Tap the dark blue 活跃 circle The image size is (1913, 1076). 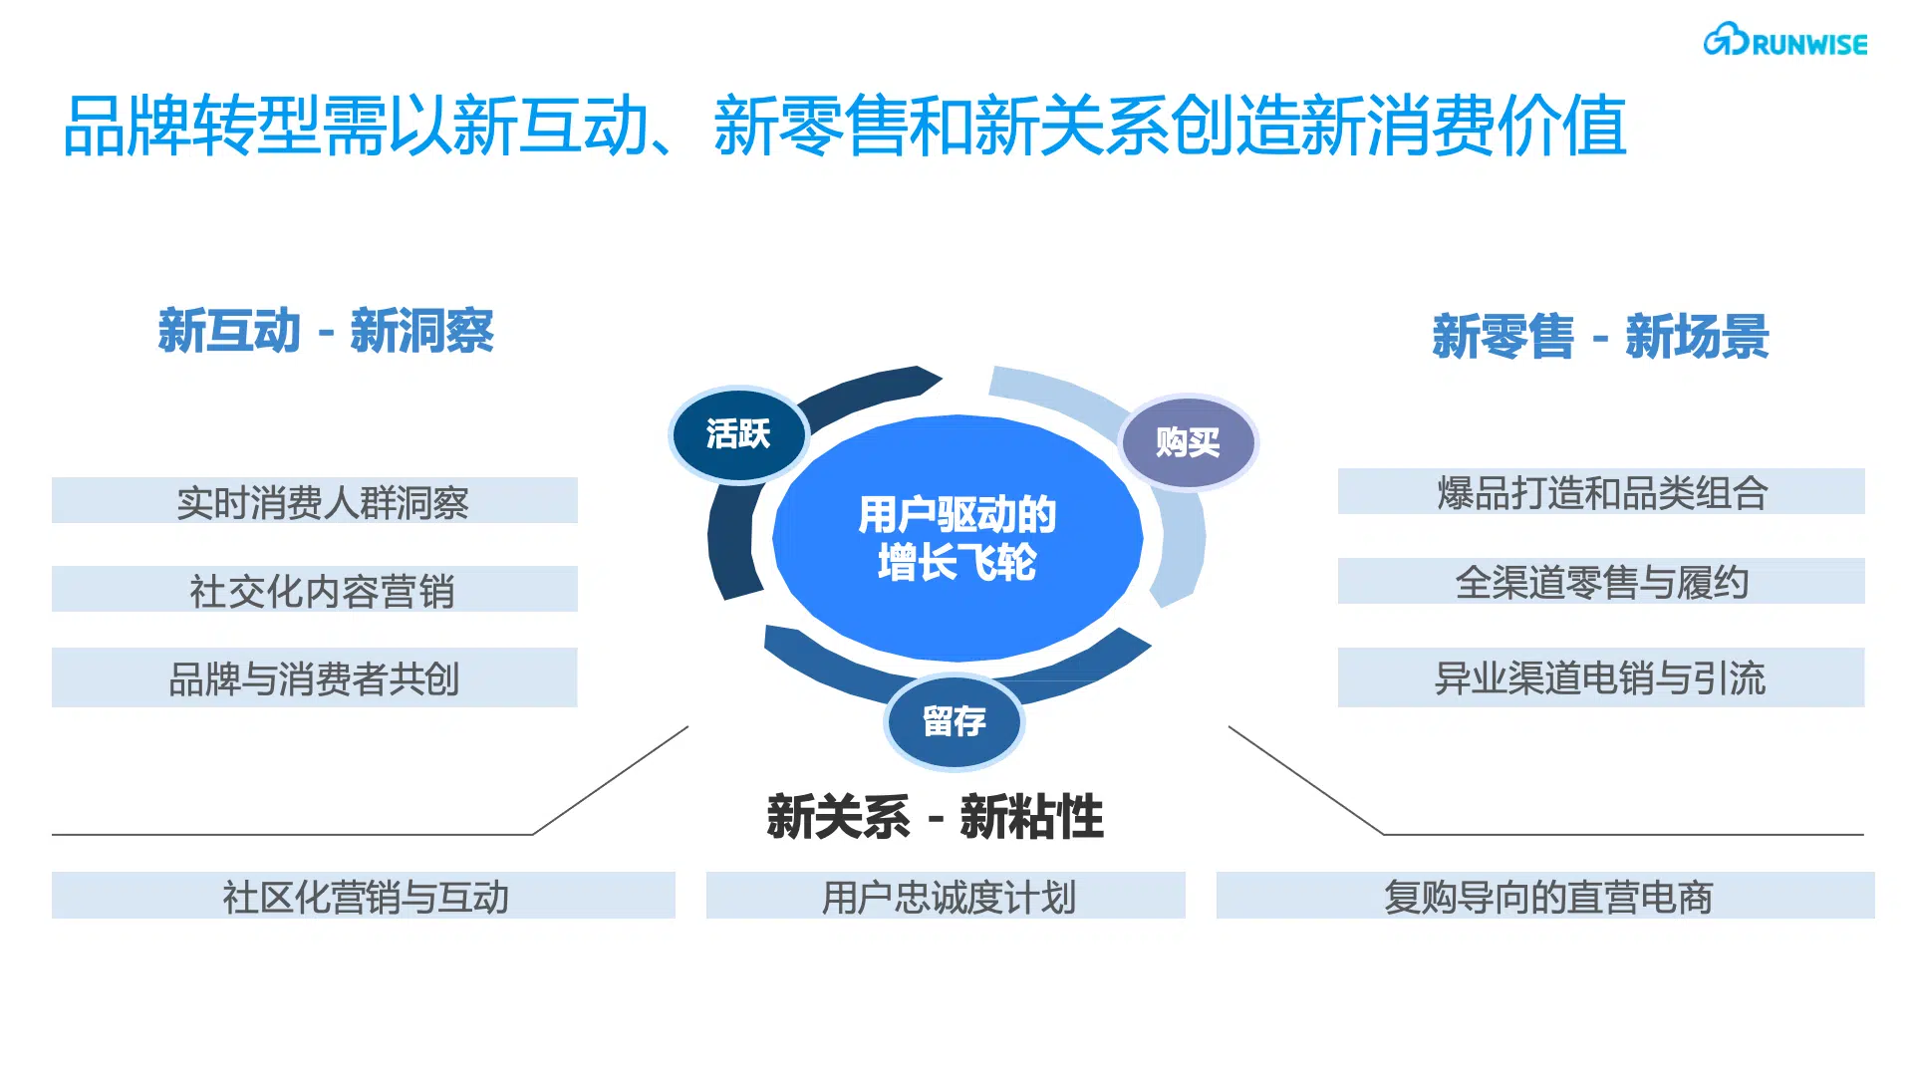click(738, 434)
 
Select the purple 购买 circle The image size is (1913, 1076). click(1188, 442)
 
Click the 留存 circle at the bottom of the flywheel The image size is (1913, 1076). click(954, 721)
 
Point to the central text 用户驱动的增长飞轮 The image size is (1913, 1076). click(956, 538)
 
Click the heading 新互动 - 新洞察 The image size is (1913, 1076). click(326, 331)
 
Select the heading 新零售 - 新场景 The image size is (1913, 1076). click(1600, 336)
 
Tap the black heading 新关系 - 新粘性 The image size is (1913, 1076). click(935, 817)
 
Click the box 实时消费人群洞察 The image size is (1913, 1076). click(315, 500)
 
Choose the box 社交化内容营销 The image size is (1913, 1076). click(315, 589)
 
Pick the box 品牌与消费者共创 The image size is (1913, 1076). click(315, 677)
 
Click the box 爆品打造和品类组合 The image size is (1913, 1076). click(1601, 491)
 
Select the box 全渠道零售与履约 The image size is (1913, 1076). click(1601, 581)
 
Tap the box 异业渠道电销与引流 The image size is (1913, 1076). click(1601, 677)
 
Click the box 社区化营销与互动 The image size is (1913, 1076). click(364, 895)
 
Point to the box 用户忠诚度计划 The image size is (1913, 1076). click(946, 895)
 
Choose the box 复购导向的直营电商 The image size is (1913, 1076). click(1545, 895)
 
